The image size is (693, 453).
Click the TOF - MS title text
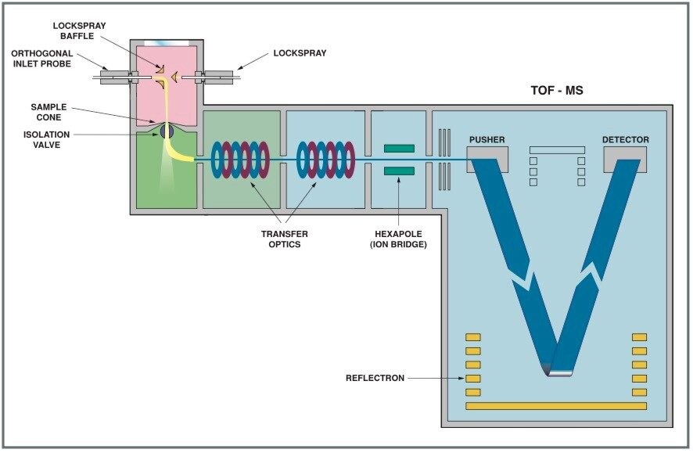pyautogui.click(x=556, y=91)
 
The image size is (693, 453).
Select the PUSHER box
pyautogui.click(x=487, y=154)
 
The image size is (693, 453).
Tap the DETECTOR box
pyautogui.click(x=625, y=154)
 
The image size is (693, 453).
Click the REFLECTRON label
pyautogui.click(x=375, y=379)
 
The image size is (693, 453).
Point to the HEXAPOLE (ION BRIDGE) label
pyautogui.click(x=399, y=239)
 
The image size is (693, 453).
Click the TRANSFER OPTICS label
pyautogui.click(x=284, y=239)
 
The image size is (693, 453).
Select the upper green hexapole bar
pyautogui.click(x=399, y=148)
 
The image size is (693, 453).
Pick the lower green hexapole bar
pyautogui.click(x=399, y=170)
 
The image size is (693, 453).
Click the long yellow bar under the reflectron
pyautogui.click(x=556, y=406)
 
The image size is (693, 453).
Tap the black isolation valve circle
pyautogui.click(x=167, y=132)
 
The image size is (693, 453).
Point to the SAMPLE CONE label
pyautogui.click(x=48, y=111)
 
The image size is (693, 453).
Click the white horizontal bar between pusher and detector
pyautogui.click(x=556, y=149)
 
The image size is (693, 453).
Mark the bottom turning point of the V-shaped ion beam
pyautogui.click(x=557, y=371)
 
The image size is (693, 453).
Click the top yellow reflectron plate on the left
pyautogui.click(x=473, y=337)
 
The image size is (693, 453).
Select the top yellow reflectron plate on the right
pyautogui.click(x=640, y=337)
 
